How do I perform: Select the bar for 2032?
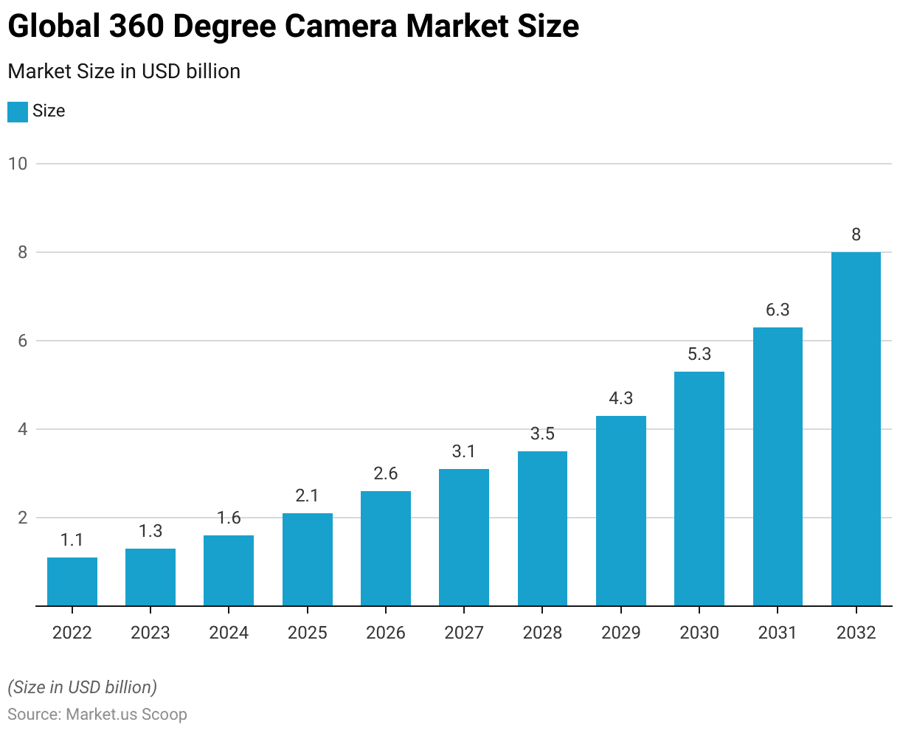pos(856,429)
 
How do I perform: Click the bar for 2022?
pos(72,582)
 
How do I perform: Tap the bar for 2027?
pos(464,538)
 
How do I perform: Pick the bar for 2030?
pos(699,489)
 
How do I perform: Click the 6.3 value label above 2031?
pos(778,310)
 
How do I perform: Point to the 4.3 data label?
pos(621,398)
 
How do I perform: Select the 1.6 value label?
pos(229,518)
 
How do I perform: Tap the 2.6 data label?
pos(386,473)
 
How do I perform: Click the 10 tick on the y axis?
pos(18,164)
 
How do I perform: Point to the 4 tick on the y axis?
pos(22,429)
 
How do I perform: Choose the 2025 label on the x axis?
pos(307,633)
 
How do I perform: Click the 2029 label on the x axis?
pos(621,633)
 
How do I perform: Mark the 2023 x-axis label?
pos(150,633)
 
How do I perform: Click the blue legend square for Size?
pos(18,111)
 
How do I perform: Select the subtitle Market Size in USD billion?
pos(124,72)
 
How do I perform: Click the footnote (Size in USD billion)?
pos(82,687)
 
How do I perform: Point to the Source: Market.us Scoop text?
pos(97,715)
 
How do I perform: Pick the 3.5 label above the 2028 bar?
pos(542,434)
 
